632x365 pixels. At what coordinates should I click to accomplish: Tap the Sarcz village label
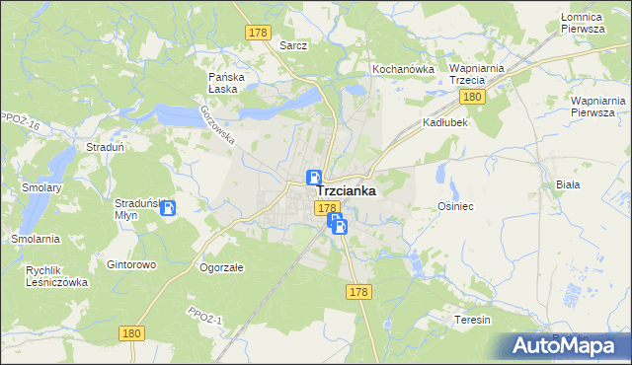pyautogui.click(x=293, y=45)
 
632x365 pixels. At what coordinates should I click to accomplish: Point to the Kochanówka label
pyautogui.click(x=403, y=69)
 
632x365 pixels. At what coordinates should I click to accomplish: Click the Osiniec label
pyautogui.click(x=457, y=206)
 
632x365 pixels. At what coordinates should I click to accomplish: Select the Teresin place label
pyautogui.click(x=472, y=321)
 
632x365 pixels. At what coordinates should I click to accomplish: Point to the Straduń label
pyautogui.click(x=104, y=147)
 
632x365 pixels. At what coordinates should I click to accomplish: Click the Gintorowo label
pyautogui.click(x=132, y=265)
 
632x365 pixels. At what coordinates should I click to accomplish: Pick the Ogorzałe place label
pyautogui.click(x=221, y=266)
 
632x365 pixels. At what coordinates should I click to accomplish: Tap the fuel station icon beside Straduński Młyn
pyautogui.click(x=168, y=208)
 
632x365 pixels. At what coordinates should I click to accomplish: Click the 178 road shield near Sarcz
pyautogui.click(x=258, y=33)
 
